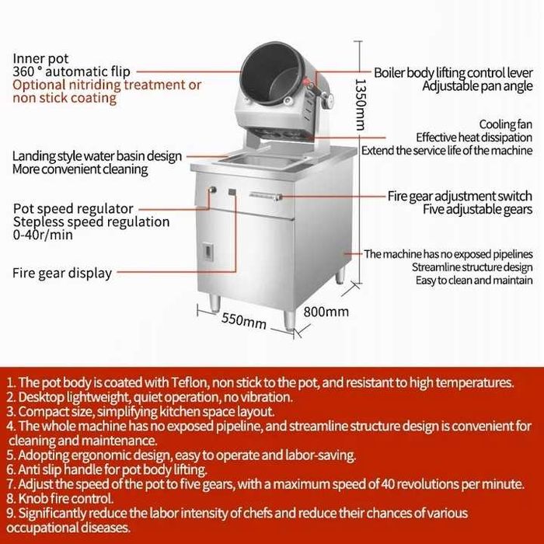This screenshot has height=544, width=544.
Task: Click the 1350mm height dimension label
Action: tap(361, 104)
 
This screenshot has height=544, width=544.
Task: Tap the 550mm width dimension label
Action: tap(244, 320)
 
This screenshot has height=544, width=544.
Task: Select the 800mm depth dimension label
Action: tap(326, 312)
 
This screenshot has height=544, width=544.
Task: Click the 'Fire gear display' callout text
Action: tap(62, 273)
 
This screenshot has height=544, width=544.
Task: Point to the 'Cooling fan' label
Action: tap(505, 124)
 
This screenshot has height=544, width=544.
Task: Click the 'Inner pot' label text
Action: tap(40, 58)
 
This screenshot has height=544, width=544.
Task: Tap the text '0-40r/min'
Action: tap(43, 235)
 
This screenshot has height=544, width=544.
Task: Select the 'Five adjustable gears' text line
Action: tap(477, 209)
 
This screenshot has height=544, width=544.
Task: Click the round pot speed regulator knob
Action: tap(212, 190)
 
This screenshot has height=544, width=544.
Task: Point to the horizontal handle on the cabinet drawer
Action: tap(266, 196)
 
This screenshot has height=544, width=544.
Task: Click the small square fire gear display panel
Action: tap(232, 192)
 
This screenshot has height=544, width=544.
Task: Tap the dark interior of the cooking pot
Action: tap(270, 73)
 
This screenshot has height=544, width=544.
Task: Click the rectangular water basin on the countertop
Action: tap(260, 162)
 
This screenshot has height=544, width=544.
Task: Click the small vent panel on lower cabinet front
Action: tap(207, 252)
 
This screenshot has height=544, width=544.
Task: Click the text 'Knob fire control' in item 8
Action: tap(65, 499)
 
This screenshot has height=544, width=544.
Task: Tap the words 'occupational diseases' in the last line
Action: tap(68, 528)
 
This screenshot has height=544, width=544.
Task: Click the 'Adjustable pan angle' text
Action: tap(477, 86)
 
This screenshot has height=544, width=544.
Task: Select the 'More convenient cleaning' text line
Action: tap(80, 169)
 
